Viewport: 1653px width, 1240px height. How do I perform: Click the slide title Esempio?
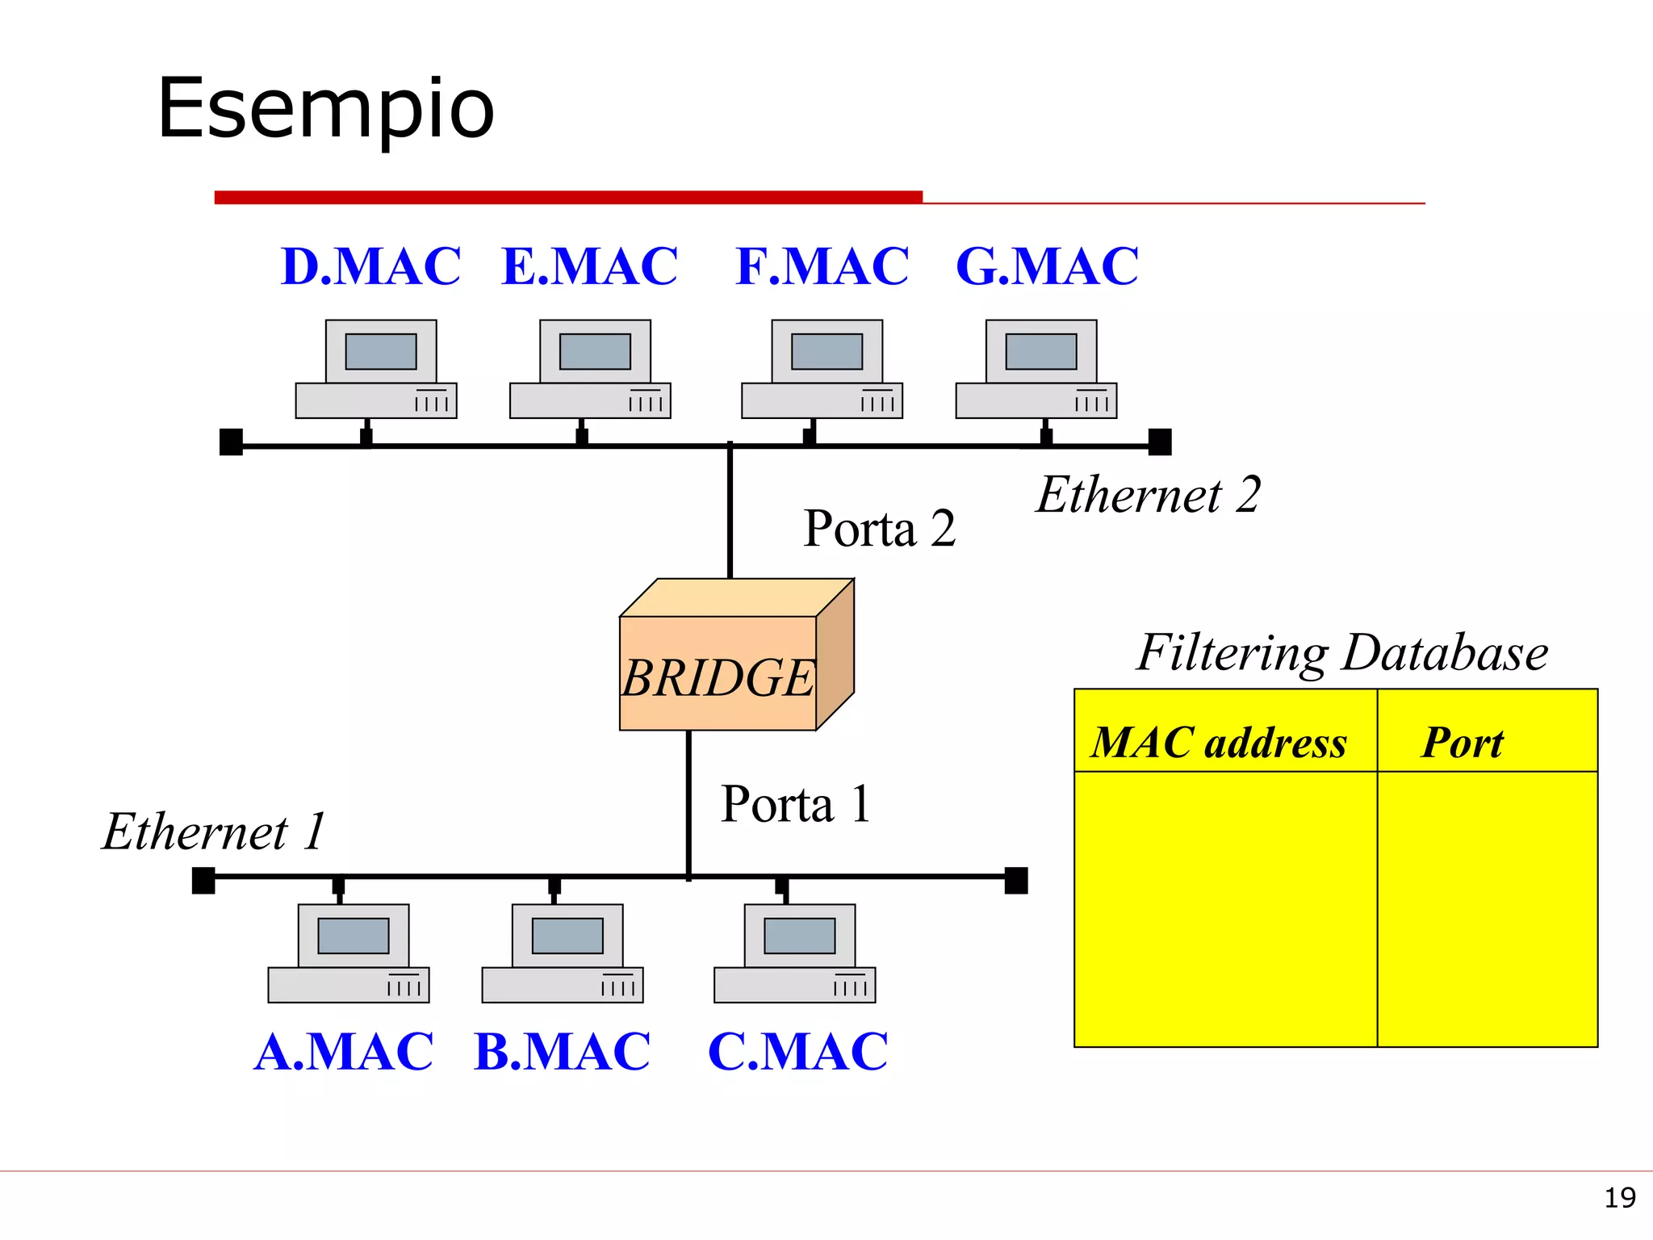point(325,109)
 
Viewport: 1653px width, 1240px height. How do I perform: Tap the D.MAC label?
point(370,266)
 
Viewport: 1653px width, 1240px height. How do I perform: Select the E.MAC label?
point(589,266)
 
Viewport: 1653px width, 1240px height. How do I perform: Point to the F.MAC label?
point(822,266)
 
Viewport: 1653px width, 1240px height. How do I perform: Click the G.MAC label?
point(1047,266)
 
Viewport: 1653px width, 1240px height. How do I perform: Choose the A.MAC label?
point(343,1052)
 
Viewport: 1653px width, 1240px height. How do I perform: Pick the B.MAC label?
point(562,1052)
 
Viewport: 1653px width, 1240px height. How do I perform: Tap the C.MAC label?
point(797,1052)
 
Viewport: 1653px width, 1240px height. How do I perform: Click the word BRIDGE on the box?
point(718,677)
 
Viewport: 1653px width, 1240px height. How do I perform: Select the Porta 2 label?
point(879,529)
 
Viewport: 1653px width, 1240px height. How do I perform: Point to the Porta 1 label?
point(795,804)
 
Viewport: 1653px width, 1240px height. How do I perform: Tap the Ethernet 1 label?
point(213,832)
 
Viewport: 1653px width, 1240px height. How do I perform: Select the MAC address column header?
point(1219,743)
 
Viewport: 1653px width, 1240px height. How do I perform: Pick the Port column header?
point(1462,743)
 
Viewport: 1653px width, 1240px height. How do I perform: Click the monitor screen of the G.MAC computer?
point(1040,352)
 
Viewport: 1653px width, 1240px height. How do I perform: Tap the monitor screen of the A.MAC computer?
point(353,936)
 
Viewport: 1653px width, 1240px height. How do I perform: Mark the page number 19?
point(1619,1198)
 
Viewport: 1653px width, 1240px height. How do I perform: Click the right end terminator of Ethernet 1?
point(1015,881)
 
